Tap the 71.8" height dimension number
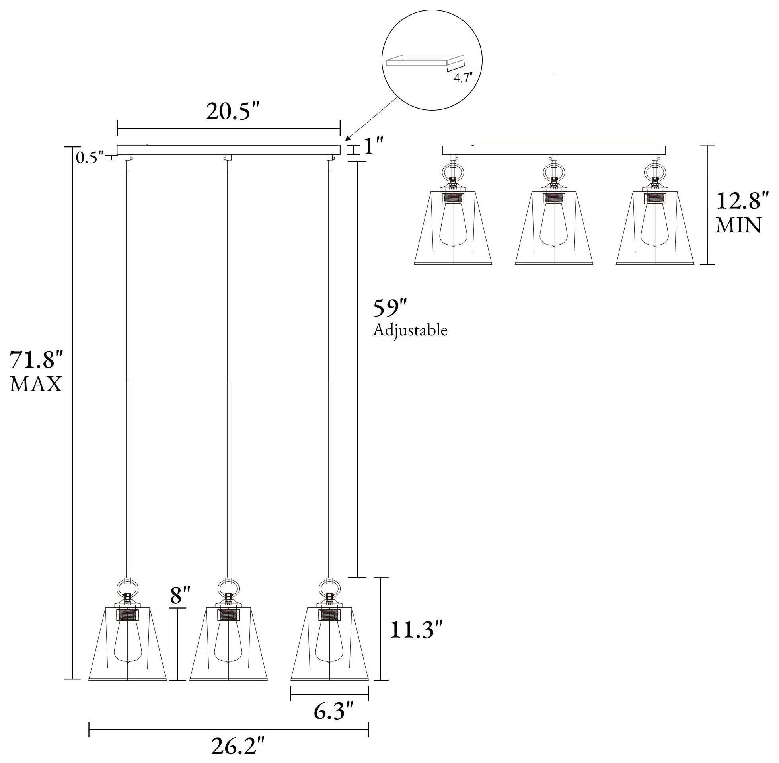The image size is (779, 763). pos(36,360)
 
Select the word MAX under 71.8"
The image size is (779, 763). pos(36,384)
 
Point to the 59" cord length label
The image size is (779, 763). pos(390,308)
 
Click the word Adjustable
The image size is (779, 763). pos(410,330)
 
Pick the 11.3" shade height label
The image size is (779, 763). pos(418,630)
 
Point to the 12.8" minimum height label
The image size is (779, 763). pos(742,201)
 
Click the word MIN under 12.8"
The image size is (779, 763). pos(738,226)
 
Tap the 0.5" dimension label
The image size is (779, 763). pos(90,158)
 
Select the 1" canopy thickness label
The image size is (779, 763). pos(374,146)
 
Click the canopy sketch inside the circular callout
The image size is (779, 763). pos(425,60)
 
